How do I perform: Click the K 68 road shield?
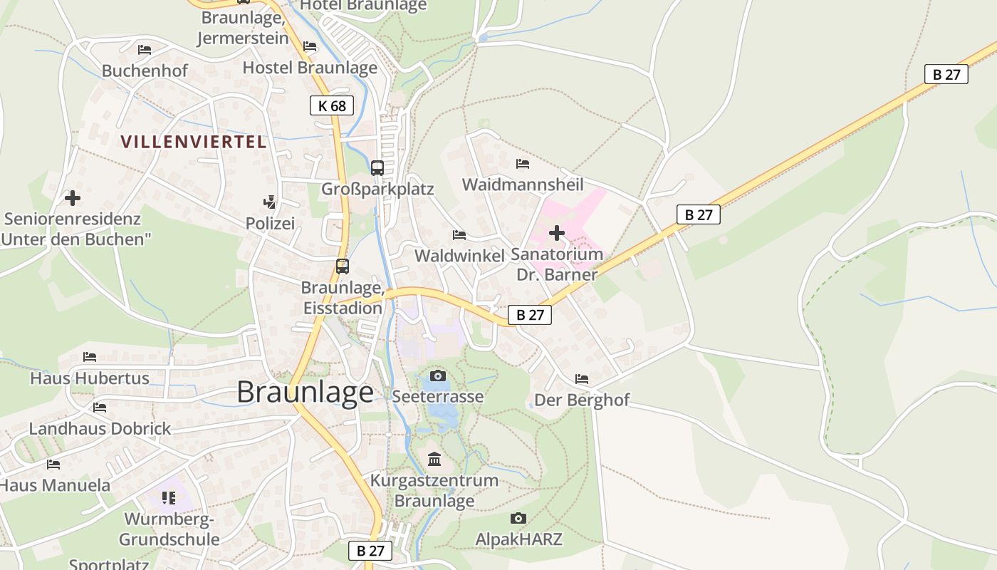(x=332, y=106)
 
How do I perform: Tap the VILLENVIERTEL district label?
(x=194, y=142)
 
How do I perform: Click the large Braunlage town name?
(x=305, y=392)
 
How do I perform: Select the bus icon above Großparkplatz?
(x=377, y=168)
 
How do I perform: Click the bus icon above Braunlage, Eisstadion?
(x=343, y=266)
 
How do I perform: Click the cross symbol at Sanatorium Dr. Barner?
(x=557, y=233)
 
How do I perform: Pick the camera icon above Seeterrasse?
(x=438, y=375)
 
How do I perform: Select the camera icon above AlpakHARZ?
(x=518, y=518)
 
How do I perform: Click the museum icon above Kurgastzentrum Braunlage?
(x=434, y=459)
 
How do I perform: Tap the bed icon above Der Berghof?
(x=582, y=379)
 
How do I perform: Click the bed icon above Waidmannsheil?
(x=523, y=164)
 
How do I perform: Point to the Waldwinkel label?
(x=459, y=256)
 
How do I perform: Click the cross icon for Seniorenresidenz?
(x=72, y=197)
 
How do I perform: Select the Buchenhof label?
(x=145, y=71)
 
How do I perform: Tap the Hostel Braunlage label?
(x=310, y=68)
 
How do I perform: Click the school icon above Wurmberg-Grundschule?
(x=168, y=497)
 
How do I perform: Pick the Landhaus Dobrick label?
(x=100, y=429)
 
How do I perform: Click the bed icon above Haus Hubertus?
(x=89, y=356)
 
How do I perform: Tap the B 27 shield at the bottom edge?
(x=370, y=550)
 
